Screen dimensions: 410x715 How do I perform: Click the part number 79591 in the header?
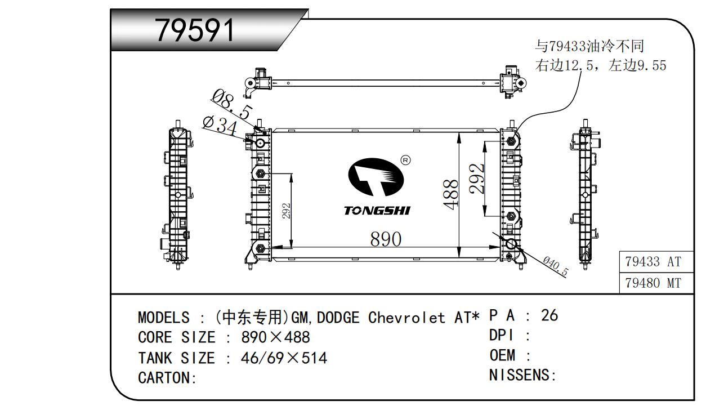click(195, 30)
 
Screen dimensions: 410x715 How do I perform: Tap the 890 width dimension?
click(386, 239)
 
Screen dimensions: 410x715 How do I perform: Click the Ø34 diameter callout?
click(219, 126)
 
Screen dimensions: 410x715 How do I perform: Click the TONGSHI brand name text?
click(377, 211)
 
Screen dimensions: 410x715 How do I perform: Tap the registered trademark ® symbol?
click(405, 161)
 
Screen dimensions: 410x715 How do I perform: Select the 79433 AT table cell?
click(653, 262)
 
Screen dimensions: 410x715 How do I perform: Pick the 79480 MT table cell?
click(653, 283)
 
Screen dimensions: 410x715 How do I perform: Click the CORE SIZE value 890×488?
click(275, 337)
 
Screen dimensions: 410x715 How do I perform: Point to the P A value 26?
click(549, 315)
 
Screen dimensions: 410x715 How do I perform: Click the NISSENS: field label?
click(522, 375)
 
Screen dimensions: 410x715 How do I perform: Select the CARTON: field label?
click(167, 378)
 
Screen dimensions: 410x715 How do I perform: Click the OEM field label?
click(502, 355)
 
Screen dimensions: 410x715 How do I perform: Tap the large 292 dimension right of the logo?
click(478, 179)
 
